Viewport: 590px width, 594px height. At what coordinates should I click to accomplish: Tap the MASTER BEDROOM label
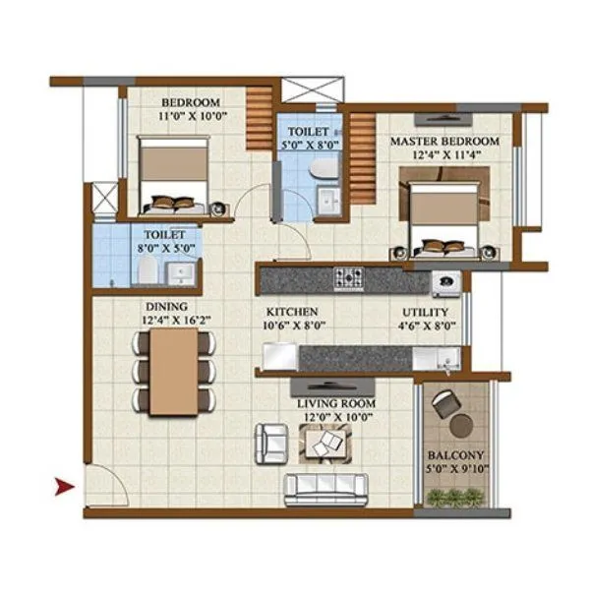[x=444, y=142]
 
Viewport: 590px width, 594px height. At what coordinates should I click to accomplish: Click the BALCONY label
[x=454, y=455]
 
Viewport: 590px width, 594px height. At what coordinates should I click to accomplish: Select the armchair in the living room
[x=268, y=443]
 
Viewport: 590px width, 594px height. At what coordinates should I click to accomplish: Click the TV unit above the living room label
[x=332, y=384]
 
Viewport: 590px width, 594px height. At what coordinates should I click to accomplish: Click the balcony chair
[x=445, y=401]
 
